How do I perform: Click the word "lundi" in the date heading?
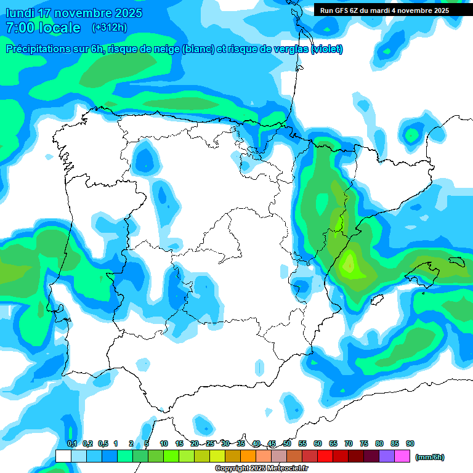[21, 13]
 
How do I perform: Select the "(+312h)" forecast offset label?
[109, 28]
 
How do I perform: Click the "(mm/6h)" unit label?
[430, 457]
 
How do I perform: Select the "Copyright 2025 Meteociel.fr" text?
[261, 468]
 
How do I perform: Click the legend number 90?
[410, 443]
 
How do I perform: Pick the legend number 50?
[287, 443]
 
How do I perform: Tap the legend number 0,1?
[72, 443]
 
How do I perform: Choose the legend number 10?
[164, 443]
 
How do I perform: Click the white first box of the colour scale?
[63, 456]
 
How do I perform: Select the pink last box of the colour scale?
[402, 456]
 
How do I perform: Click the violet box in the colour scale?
[387, 456]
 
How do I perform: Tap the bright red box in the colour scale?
[325, 456]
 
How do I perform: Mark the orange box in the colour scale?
[248, 456]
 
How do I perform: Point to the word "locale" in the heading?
[59, 28]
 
